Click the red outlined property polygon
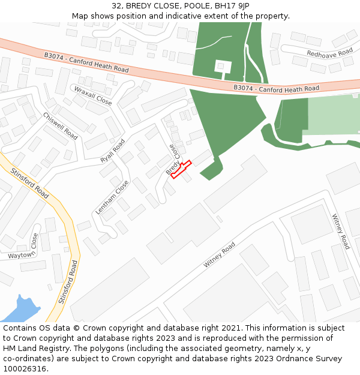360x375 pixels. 181,169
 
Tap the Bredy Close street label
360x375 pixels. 172,159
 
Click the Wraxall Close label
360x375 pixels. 93,95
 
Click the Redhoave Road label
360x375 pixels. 329,53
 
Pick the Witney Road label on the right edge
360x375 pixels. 341,232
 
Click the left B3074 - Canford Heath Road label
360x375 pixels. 86,62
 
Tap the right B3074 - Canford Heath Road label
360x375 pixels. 276,88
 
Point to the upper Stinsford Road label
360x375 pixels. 30,184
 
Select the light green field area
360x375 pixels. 333,114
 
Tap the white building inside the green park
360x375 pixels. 223,66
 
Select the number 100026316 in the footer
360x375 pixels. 23,369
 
